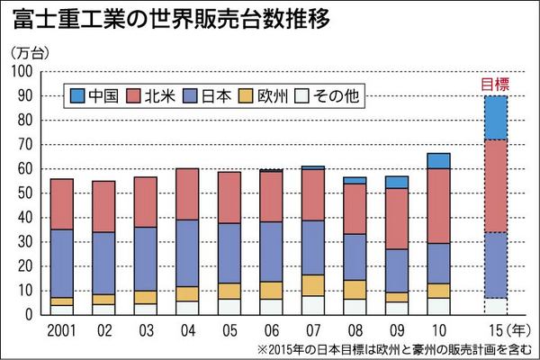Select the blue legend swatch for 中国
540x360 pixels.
[x=77, y=94]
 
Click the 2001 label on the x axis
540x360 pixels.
[x=61, y=329]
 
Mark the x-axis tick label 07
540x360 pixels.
[x=312, y=329]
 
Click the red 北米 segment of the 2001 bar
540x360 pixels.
[x=61, y=204]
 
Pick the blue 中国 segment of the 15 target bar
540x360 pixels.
[x=495, y=117]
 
